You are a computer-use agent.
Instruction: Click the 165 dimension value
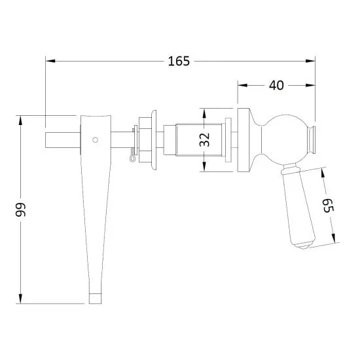179,61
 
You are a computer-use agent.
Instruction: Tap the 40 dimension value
276,85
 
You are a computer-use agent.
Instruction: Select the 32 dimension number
204,139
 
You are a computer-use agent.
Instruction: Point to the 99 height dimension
21,209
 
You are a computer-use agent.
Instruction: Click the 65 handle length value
328,206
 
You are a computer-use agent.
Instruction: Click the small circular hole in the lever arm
95,139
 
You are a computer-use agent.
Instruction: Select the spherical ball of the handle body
285,139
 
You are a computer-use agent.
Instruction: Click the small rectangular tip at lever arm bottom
96,298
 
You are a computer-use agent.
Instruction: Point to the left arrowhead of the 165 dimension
50,61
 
